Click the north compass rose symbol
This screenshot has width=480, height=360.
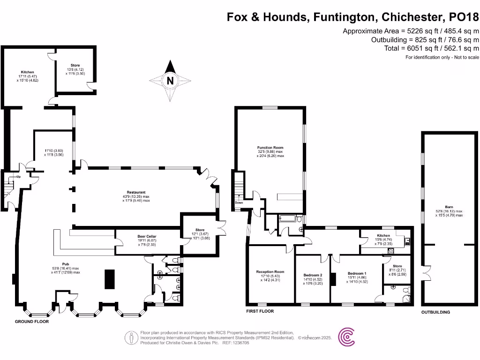pyautogui.click(x=170, y=81)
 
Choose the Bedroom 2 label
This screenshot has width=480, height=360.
pyautogui.click(x=313, y=275)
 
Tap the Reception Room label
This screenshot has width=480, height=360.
pyautogui.click(x=270, y=272)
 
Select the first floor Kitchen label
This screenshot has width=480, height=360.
pyautogui.click(x=383, y=235)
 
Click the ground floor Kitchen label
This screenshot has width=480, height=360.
pyautogui.click(x=27, y=72)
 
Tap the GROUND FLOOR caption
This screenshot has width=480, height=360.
pyautogui.click(x=32, y=322)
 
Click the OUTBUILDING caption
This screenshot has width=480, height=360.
pyautogui.click(x=435, y=312)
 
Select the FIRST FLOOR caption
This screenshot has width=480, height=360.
pyautogui.click(x=260, y=311)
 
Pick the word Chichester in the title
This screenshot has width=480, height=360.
pyautogui.click(x=412, y=17)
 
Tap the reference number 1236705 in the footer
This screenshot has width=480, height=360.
pyautogui.click(x=240, y=343)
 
